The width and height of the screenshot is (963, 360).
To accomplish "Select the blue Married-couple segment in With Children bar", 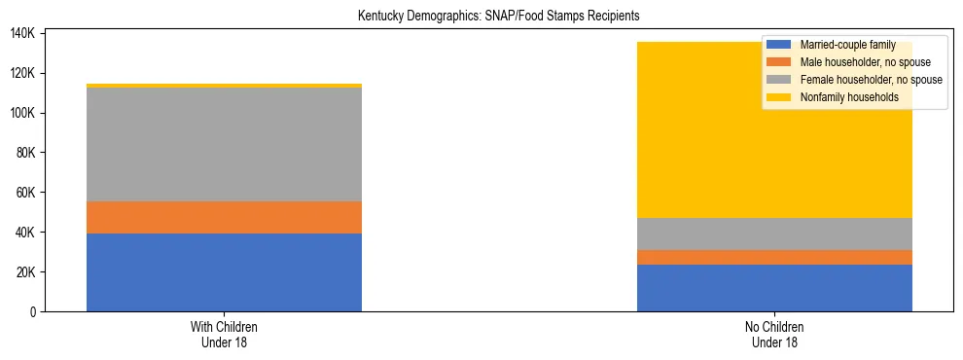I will pos(224,272).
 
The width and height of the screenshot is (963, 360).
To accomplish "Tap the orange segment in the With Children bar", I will pos(224,217).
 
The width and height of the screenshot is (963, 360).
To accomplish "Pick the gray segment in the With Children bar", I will pos(224,145).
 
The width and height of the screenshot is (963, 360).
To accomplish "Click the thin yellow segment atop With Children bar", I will pos(224,86).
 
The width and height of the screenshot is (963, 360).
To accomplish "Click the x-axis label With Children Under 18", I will pos(224,335).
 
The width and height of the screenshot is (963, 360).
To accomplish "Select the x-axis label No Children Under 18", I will pos(774,335).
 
